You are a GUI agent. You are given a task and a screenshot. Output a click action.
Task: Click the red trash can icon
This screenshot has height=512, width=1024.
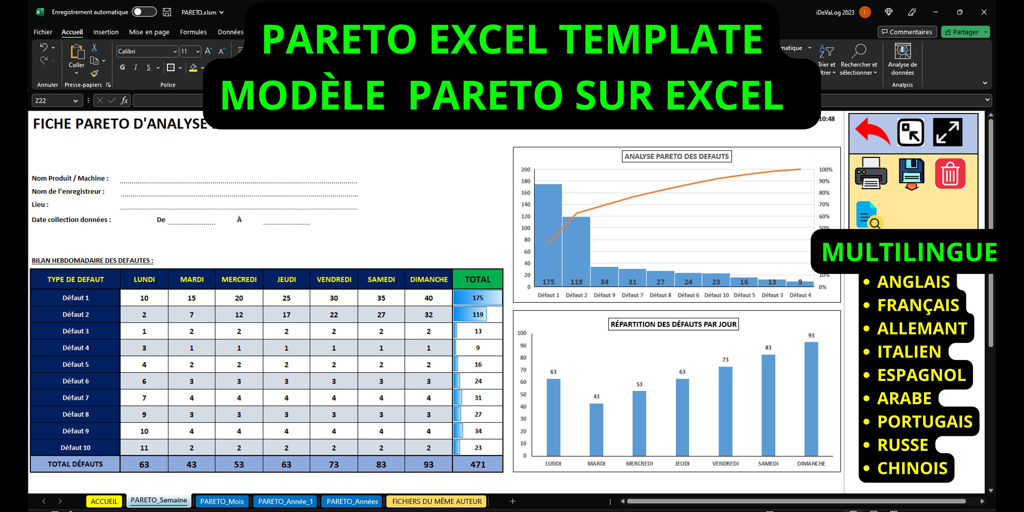tap(950, 174)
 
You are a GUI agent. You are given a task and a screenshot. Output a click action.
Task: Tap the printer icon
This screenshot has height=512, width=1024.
tap(870, 174)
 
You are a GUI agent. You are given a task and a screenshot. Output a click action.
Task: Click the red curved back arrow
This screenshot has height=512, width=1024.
tap(872, 131)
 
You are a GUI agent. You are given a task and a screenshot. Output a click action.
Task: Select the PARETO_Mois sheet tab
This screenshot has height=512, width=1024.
tap(222, 501)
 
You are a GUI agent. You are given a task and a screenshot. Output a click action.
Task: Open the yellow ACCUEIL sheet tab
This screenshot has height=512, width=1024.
tap(104, 501)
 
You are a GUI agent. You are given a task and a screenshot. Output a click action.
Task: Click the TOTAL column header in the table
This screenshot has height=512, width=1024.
tap(478, 280)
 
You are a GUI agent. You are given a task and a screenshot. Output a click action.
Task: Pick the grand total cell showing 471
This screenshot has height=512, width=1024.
tap(478, 464)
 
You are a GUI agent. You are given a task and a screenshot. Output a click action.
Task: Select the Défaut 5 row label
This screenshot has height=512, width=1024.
tap(75, 364)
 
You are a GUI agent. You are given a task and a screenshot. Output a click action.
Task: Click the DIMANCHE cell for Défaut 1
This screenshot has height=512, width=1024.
tap(428, 298)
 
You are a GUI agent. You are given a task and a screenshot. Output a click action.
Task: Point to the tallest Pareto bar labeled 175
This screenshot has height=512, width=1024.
tap(548, 234)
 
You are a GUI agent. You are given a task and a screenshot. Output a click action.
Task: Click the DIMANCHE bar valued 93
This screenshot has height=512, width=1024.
tap(811, 398)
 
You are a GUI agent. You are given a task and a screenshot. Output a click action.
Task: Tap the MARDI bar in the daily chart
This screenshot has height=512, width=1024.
tap(596, 429)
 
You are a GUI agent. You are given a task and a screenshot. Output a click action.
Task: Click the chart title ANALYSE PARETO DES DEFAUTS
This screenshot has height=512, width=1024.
tap(676, 156)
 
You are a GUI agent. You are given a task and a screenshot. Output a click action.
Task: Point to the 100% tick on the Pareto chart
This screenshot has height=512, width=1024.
tap(825, 170)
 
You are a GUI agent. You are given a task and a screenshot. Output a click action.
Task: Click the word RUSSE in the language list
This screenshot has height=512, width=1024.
tap(902, 445)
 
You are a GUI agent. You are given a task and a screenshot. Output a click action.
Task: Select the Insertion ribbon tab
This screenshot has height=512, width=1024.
tap(106, 32)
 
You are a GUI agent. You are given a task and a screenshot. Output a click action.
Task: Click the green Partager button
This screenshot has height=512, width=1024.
tap(962, 32)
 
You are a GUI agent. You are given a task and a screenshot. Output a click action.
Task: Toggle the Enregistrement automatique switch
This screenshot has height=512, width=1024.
tap(144, 12)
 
